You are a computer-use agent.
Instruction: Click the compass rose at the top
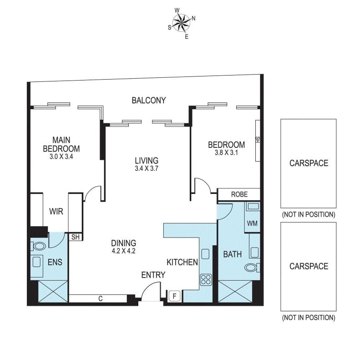[x=182, y=23]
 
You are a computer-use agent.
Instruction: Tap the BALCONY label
[x=149, y=100]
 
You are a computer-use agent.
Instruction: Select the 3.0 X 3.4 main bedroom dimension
[x=61, y=157]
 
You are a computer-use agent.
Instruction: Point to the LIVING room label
[x=147, y=161]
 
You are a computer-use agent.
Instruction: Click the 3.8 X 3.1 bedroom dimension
[x=226, y=153]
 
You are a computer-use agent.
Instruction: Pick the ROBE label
[x=239, y=194]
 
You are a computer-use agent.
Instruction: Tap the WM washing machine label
[x=252, y=223]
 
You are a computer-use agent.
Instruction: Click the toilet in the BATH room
[x=252, y=268]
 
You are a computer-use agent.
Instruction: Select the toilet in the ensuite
[x=38, y=246]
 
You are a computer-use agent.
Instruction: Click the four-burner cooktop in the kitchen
[x=206, y=279]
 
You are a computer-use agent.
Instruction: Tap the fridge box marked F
[x=175, y=296]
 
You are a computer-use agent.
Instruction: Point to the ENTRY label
[x=153, y=275]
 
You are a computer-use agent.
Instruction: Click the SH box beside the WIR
[x=76, y=237]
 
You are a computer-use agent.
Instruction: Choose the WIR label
[x=56, y=212]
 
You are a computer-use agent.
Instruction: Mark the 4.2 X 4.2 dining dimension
[x=123, y=251]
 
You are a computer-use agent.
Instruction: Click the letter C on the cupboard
[x=101, y=298]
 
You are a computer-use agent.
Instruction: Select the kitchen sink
[x=205, y=254]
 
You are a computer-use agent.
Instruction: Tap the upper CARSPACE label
[x=309, y=163]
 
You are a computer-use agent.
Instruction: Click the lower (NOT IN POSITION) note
[x=308, y=318]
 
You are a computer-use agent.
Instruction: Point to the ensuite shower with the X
[x=53, y=291]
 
